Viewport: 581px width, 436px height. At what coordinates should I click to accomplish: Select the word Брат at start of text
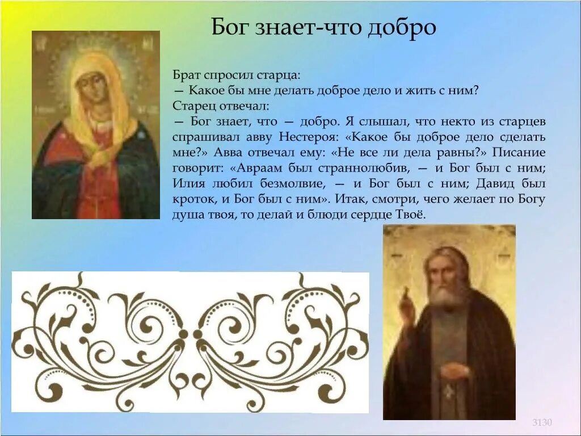click(186, 75)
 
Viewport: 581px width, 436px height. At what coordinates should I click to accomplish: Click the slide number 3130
click(542, 422)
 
